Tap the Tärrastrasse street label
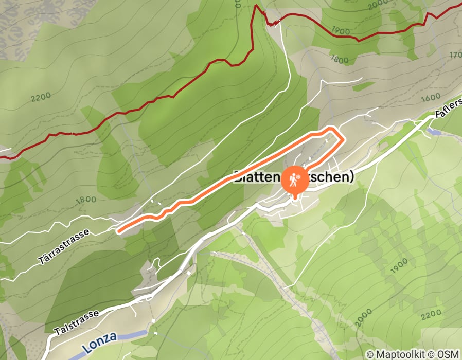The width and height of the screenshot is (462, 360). click(x=64, y=247)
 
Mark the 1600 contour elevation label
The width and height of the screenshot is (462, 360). click(x=430, y=97)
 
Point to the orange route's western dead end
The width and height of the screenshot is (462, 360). click(x=119, y=231)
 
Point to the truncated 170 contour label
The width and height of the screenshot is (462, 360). click(x=455, y=55)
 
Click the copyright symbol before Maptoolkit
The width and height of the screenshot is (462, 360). click(x=370, y=355)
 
